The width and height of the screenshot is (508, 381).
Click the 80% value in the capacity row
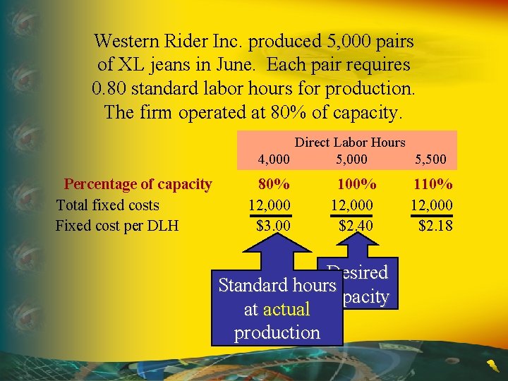coord(274,185)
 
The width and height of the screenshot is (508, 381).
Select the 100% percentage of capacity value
coord(356,185)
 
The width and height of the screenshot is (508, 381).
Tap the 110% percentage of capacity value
coord(433,185)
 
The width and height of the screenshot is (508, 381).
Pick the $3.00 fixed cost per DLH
coord(272,226)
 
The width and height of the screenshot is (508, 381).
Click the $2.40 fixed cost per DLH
coord(356,226)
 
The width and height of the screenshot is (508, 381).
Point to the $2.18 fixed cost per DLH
coord(435,226)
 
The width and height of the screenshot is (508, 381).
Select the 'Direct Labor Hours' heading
coord(350,143)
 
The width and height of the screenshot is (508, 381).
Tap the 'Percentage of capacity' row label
coord(138,185)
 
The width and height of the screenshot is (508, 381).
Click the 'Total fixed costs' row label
coord(107,205)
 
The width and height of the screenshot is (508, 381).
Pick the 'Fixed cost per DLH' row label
coord(117,226)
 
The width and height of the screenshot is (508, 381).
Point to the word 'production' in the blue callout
coord(277,332)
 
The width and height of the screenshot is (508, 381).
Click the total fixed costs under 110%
coord(432,205)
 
